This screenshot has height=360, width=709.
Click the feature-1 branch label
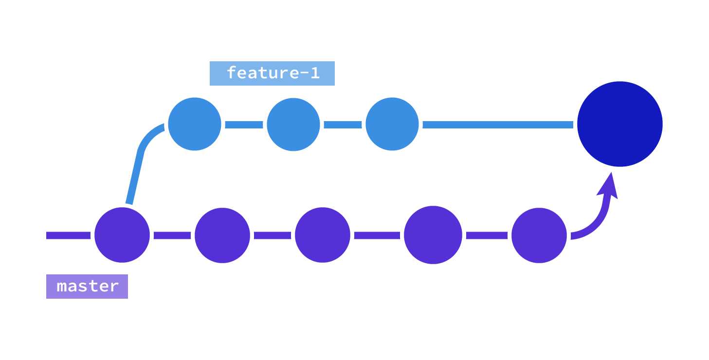tap(272, 73)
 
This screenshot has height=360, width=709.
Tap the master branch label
tap(87, 287)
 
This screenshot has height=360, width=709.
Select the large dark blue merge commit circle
tap(620, 124)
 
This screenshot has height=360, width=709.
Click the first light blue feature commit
tap(195, 124)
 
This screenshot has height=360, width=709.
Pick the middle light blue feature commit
tap(293, 125)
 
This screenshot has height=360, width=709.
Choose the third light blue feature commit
tap(392, 124)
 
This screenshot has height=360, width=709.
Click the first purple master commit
tap(122, 235)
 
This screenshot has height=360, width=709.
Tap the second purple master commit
tap(222, 235)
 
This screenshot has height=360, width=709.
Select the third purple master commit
tap(323, 235)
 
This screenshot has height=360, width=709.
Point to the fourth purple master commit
tap(433, 235)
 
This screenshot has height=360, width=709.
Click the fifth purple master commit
tap(539, 235)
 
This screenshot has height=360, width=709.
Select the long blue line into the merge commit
tap(498, 125)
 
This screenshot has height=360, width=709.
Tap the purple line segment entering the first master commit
tap(68, 235)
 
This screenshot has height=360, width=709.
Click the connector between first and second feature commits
tap(244, 125)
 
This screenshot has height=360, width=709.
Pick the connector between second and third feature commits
tap(343, 125)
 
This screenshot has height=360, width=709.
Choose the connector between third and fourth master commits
tap(377, 235)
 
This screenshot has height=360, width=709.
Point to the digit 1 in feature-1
tap(315, 73)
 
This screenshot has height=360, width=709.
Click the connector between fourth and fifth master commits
tap(487, 235)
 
